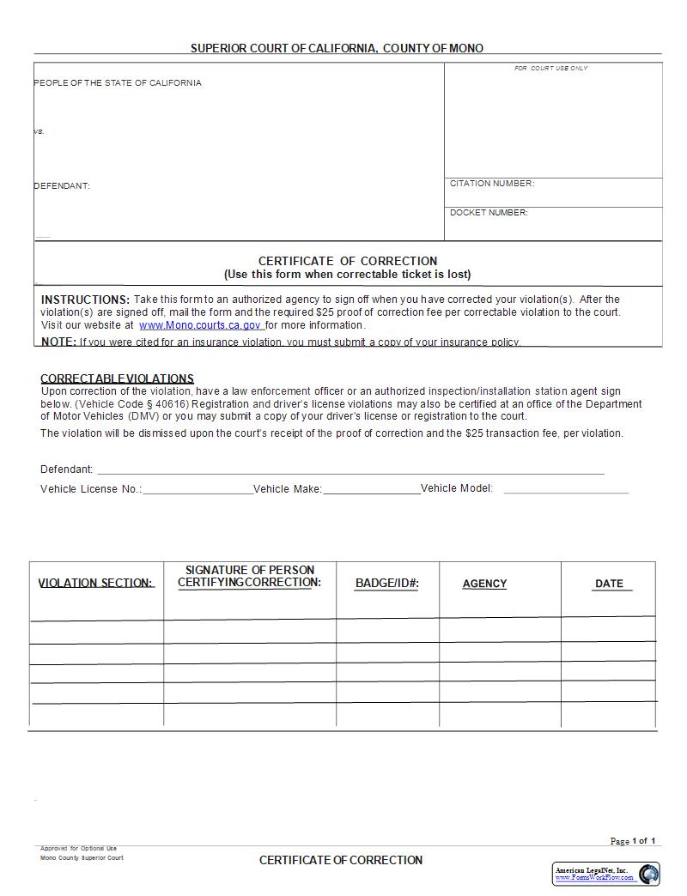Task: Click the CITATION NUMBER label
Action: click(491, 184)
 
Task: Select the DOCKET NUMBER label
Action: click(489, 213)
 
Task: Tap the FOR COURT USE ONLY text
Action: click(550, 69)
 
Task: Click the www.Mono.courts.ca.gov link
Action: click(201, 325)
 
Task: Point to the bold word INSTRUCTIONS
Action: click(85, 300)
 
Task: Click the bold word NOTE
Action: click(58, 342)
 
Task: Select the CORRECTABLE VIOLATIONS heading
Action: click(117, 378)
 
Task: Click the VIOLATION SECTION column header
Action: click(96, 584)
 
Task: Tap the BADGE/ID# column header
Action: click(386, 584)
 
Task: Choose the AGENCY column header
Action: click(484, 584)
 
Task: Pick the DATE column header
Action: click(609, 584)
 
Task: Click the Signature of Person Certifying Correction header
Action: click(249, 576)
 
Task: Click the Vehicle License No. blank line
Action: click(198, 492)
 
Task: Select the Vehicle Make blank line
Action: click(371, 492)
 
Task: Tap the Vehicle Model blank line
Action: click(566, 492)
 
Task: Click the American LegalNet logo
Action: click(605, 874)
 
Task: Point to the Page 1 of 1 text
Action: click(632, 841)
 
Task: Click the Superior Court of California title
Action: click(337, 49)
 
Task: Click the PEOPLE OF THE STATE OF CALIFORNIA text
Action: click(119, 83)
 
